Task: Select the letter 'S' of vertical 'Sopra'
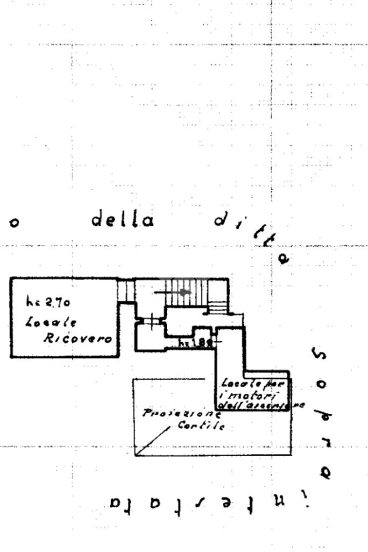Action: [x=318, y=355]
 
